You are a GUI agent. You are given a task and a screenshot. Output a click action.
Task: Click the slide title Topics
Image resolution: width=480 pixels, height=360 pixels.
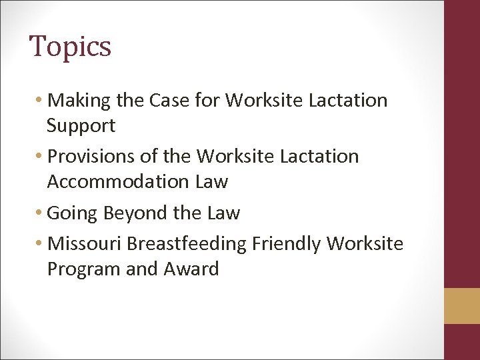point(70,47)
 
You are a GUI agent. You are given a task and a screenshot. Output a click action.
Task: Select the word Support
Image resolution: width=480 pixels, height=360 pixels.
point(81,125)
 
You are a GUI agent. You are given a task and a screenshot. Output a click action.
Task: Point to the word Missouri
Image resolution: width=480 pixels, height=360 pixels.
point(85,244)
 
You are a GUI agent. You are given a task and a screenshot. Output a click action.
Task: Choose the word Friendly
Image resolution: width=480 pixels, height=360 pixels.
point(286,244)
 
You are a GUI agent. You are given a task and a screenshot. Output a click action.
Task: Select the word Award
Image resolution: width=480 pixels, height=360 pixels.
point(191,269)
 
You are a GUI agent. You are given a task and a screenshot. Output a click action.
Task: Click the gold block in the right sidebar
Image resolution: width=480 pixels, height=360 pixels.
point(462,305)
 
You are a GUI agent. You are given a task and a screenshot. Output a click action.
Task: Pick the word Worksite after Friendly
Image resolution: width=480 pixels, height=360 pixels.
point(365,244)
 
